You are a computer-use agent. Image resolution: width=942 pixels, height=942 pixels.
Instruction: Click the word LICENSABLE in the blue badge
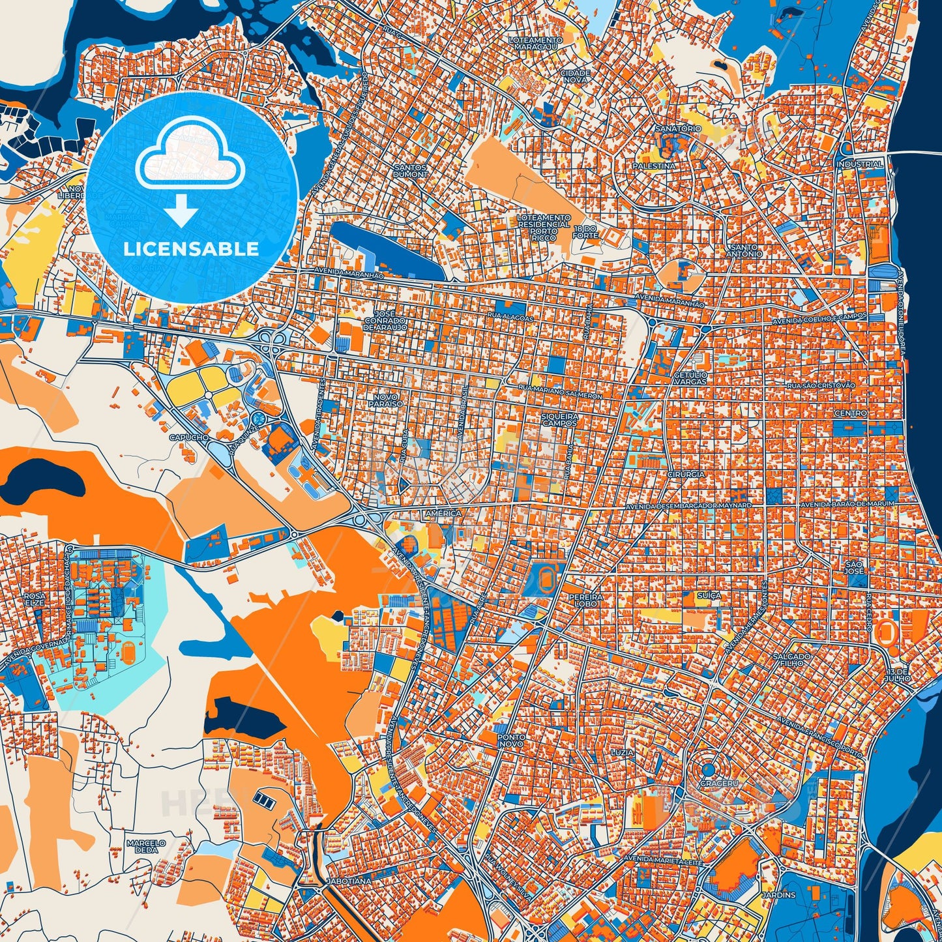191,249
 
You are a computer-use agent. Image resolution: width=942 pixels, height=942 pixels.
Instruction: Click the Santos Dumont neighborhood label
411,171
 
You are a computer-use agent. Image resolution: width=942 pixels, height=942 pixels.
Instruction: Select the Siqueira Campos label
560,419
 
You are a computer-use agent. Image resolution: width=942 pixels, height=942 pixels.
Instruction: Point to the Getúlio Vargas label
690,377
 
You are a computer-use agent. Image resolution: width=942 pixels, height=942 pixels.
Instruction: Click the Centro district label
851,413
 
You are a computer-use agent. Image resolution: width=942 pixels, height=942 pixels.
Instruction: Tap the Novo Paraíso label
389,400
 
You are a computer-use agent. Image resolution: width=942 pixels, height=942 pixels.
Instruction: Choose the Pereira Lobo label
581,600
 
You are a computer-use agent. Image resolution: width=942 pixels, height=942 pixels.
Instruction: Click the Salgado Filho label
792,660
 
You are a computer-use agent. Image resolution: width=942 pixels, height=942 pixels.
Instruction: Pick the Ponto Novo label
510,740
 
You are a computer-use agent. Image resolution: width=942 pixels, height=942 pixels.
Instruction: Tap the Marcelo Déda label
146,846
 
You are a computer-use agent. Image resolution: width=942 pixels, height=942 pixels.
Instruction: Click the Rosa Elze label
35,599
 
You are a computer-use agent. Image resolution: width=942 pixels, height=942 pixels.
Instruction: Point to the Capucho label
188,437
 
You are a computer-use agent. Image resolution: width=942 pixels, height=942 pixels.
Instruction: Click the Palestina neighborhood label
654,166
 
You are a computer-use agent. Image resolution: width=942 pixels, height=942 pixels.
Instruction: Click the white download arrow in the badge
181,210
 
